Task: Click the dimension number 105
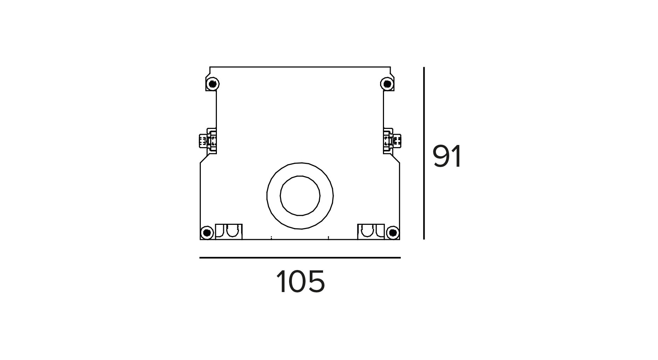[x=301, y=282]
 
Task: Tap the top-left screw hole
[x=212, y=84]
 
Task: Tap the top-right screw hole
[x=387, y=84]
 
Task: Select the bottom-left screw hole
[x=207, y=233]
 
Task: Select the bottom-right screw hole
[x=393, y=233]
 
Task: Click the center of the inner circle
[x=300, y=196]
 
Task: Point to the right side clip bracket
[x=392, y=141]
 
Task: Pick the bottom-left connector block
[x=228, y=232]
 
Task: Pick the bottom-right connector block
[x=371, y=232]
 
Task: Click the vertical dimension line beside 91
[x=424, y=153]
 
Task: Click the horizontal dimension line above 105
[x=300, y=258]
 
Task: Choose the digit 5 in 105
[x=317, y=282]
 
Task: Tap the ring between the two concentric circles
[x=300, y=169]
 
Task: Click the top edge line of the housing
[x=300, y=67]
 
